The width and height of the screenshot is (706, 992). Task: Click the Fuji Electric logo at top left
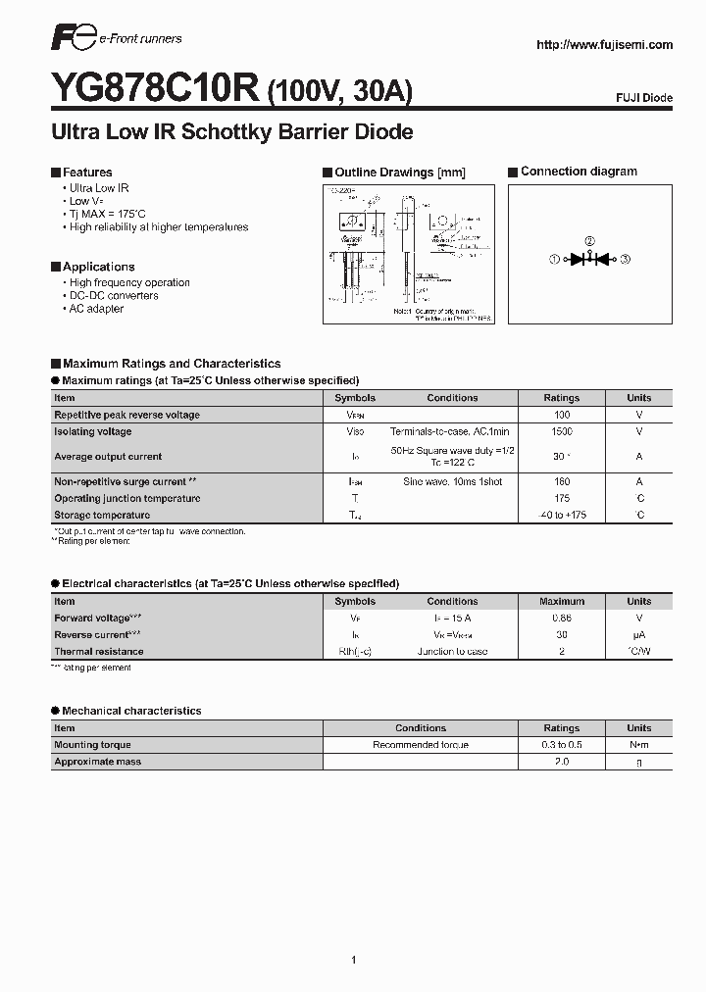(74, 40)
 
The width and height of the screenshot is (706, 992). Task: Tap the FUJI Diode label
(644, 99)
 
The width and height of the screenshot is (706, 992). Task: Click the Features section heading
(87, 172)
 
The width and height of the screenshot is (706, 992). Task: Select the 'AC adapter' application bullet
(96, 309)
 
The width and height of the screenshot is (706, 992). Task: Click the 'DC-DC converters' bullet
(114, 295)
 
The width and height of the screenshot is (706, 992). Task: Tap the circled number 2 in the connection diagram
(589, 241)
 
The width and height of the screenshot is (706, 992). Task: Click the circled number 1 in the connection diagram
(554, 259)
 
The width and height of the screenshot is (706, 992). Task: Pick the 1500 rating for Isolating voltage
(562, 431)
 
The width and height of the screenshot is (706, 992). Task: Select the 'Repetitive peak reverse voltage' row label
(126, 415)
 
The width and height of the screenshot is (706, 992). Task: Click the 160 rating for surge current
(562, 481)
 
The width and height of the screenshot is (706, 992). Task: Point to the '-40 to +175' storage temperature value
(562, 515)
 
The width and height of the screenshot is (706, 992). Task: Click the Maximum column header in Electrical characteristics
(562, 602)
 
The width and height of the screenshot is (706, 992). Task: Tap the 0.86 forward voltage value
(562, 619)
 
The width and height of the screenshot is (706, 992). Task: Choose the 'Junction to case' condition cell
(452, 652)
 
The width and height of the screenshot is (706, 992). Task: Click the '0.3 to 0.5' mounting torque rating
(562, 745)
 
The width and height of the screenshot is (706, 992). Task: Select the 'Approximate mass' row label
(97, 762)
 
